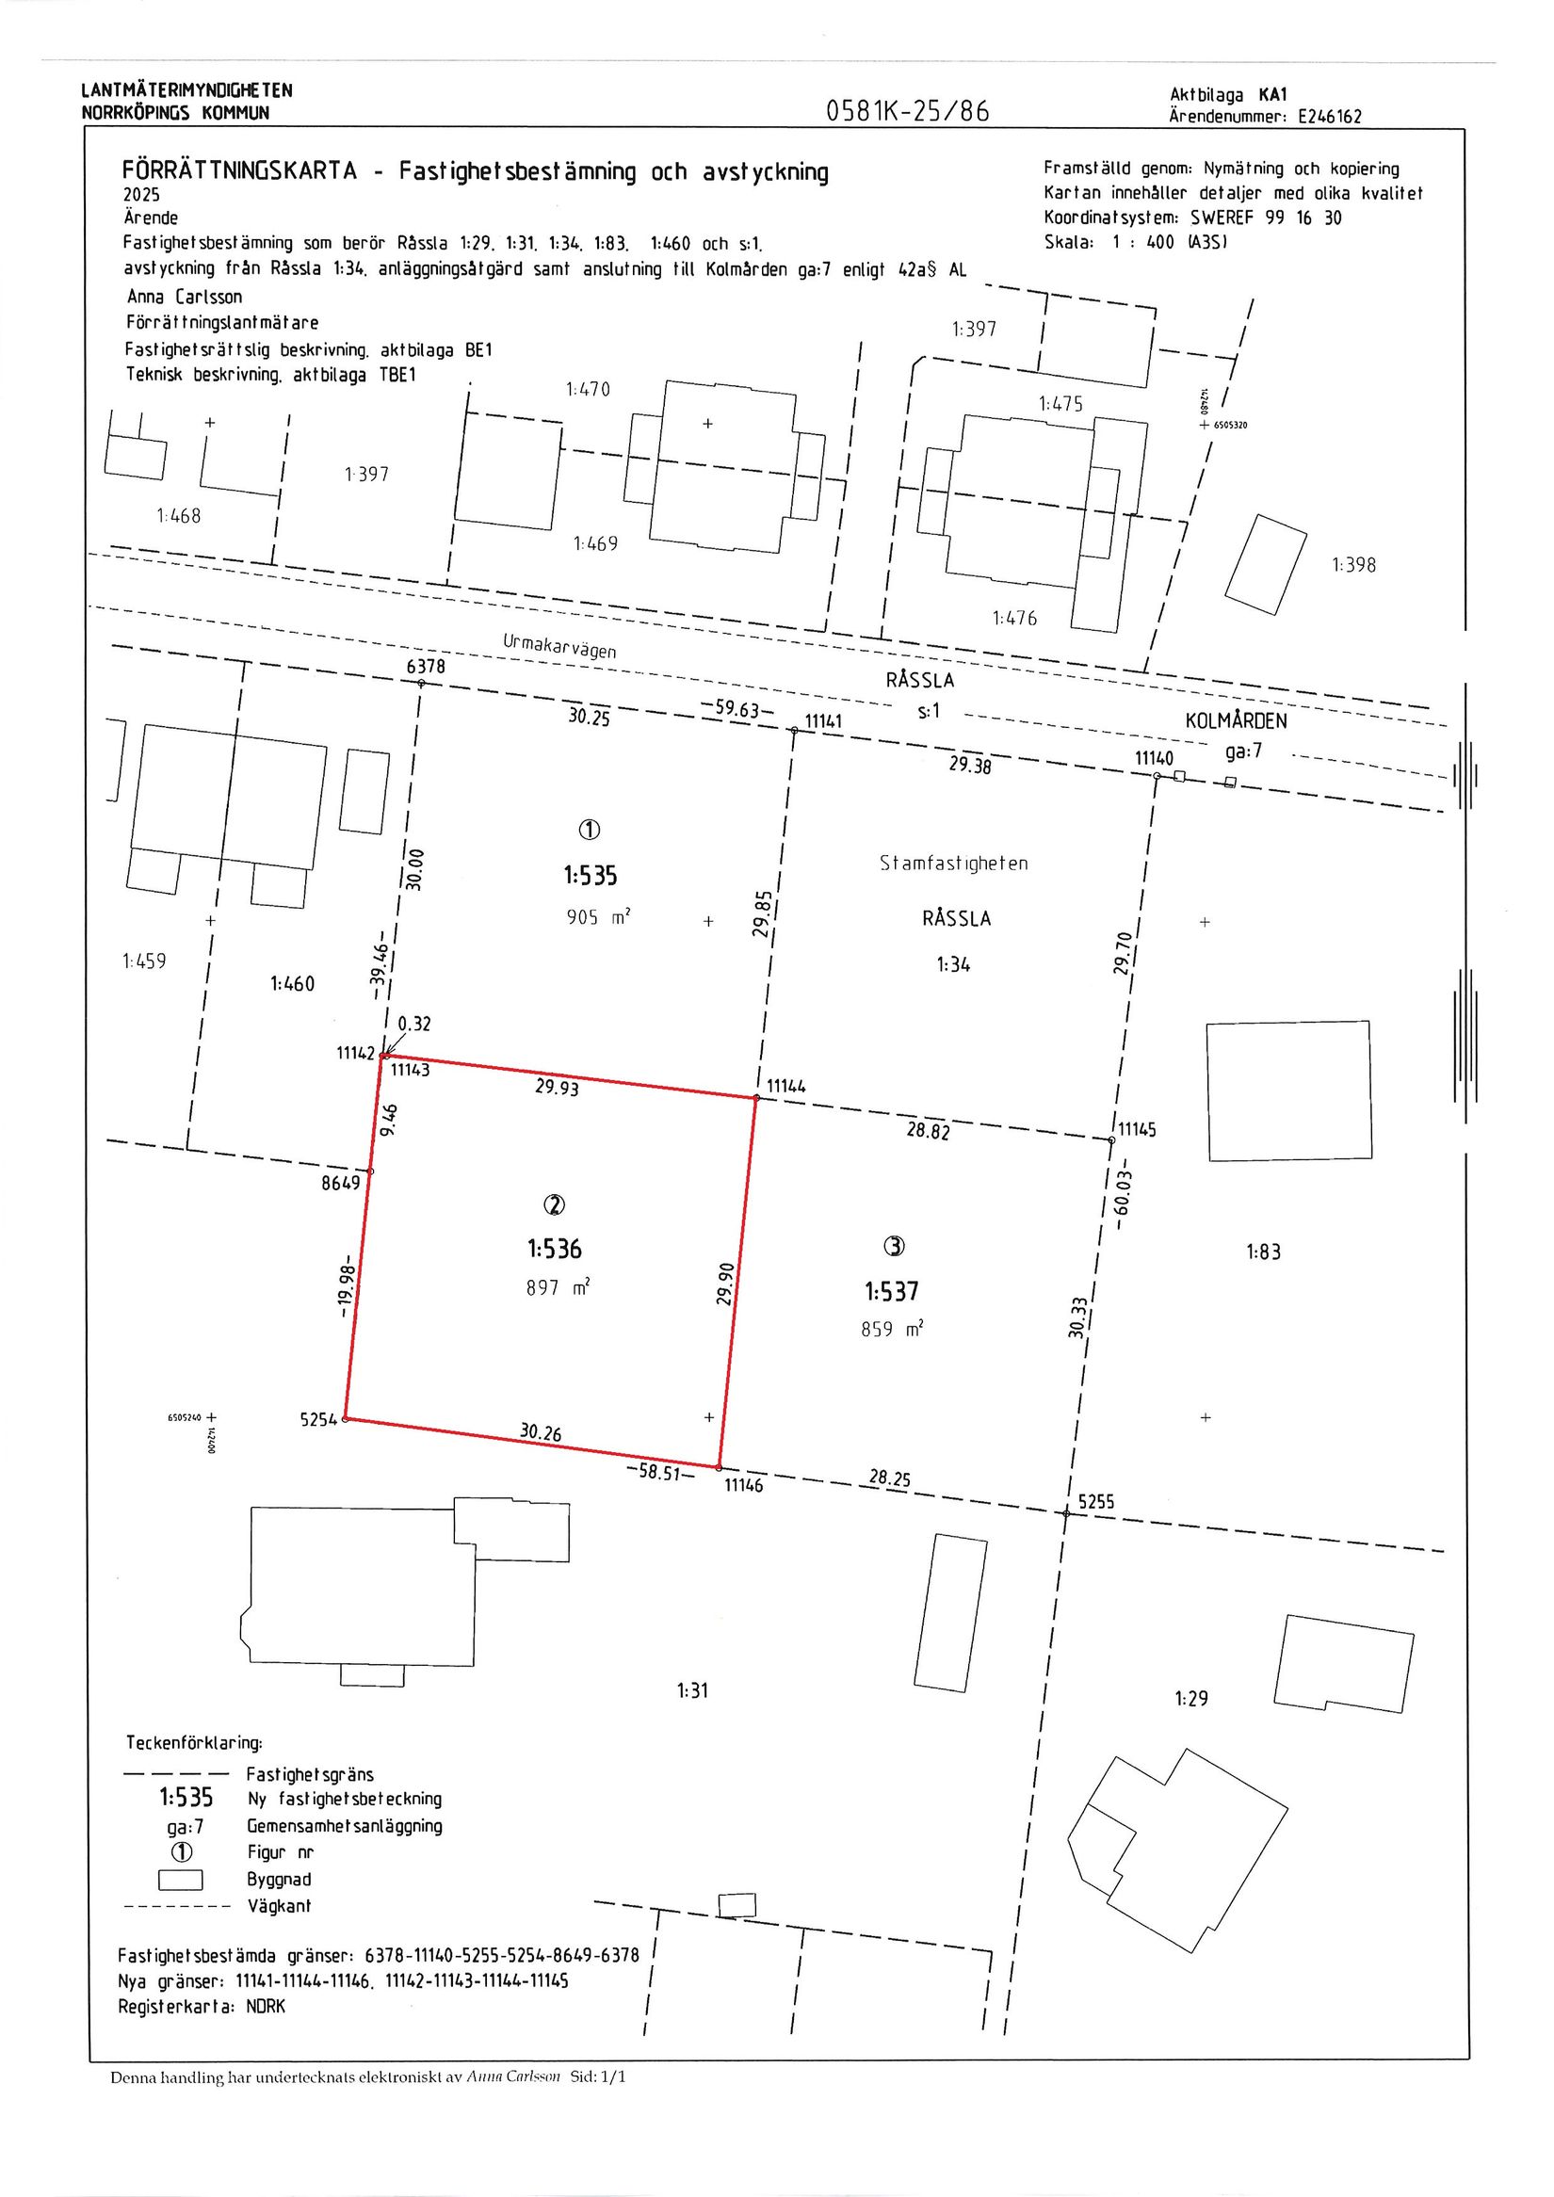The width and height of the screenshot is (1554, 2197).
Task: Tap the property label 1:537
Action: [x=892, y=1292]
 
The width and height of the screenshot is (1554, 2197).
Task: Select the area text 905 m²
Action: [x=598, y=917]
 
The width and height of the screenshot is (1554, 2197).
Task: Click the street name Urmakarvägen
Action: [x=559, y=646]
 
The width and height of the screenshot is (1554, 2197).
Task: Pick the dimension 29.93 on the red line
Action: [x=557, y=1087]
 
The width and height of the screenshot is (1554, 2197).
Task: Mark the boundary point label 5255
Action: [x=1096, y=1501]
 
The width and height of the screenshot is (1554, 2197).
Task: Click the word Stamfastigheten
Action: [x=954, y=864]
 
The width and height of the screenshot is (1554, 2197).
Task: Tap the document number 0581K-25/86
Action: [x=907, y=112]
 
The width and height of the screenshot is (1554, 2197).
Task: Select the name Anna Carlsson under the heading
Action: [x=185, y=297]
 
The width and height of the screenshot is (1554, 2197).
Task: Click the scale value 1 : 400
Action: [x=1141, y=243]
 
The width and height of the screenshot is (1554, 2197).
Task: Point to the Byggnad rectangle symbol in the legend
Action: [x=181, y=1880]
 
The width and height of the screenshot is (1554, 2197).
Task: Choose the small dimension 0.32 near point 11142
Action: [x=414, y=1024]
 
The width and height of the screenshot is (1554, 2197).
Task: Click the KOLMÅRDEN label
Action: [x=1237, y=721]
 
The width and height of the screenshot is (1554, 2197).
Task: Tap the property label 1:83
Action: [x=1263, y=1251]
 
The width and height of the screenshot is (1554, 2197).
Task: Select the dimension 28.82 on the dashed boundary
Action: [x=929, y=1130]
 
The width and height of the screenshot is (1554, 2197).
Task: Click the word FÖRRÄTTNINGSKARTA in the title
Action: [x=239, y=171]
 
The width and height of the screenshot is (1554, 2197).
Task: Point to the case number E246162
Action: [x=1329, y=117]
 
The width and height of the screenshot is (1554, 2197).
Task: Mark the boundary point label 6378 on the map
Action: [x=426, y=666]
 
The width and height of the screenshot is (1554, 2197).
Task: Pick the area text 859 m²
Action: [x=892, y=1329]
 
